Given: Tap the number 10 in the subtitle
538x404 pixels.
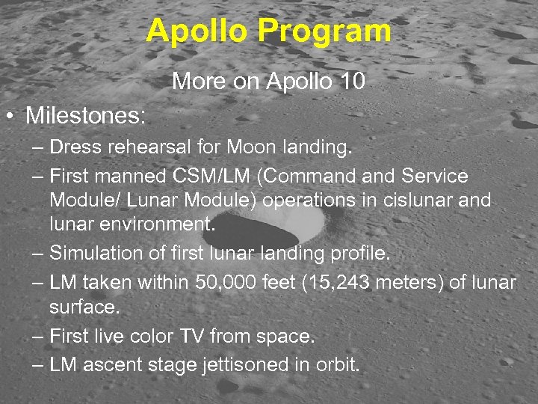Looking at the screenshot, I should coord(350,81).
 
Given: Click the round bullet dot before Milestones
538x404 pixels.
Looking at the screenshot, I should coord(10,117).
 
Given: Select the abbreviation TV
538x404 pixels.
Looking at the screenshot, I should coord(191,337).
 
